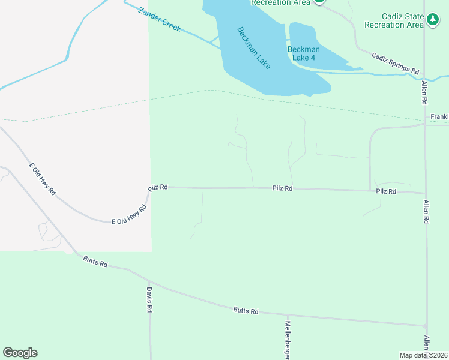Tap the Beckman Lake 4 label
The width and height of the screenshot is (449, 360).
tap(304, 53)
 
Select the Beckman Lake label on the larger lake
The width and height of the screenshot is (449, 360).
tap(253, 47)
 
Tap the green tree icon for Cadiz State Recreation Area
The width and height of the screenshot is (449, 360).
tap(433, 20)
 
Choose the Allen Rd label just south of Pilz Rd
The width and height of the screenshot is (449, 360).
tap(427, 212)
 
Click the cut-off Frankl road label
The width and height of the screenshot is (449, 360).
tap(439, 116)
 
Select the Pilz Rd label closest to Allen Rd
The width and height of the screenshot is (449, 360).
tap(386, 191)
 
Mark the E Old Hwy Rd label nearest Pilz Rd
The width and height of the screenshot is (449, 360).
tap(129, 215)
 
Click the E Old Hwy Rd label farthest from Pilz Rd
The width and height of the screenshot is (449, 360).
tap(42, 179)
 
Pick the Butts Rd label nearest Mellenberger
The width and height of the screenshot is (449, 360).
tap(246, 311)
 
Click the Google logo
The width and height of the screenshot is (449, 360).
tap(20, 353)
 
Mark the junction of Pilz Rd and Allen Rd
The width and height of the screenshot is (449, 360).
tap(426, 193)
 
